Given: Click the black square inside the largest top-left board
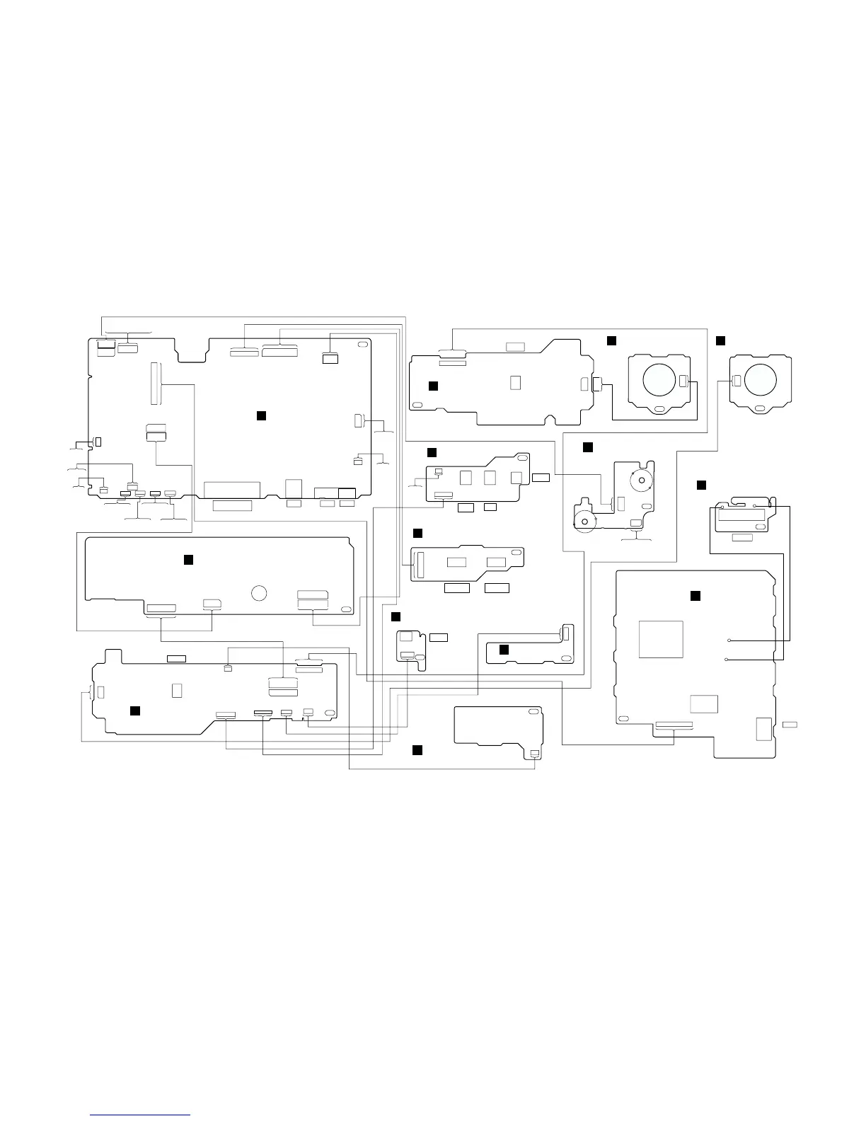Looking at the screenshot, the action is pos(260,415).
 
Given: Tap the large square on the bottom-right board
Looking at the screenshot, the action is pos(661,639).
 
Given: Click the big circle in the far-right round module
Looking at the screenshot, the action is pos(761,379).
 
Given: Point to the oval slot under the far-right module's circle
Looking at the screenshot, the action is pos(760,408).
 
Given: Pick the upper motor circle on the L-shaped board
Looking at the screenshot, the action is pos(641,481).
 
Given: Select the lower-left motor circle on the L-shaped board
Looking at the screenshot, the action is pos(584,522).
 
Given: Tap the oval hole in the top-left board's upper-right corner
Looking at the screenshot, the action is pos(362,345).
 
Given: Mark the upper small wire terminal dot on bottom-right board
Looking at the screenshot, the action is pos(728,640).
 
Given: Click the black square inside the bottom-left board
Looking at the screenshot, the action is pos(135,710).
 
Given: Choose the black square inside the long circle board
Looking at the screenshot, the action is pos(188,560).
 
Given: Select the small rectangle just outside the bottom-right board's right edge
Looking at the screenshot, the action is pos(790,725).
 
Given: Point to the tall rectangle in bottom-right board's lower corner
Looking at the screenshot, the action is pos(763,729).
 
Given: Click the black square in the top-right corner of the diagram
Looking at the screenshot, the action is pos(720,341).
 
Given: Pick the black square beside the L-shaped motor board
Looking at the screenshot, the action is pos(587,447).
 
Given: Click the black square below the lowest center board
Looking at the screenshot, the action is pos(417,749).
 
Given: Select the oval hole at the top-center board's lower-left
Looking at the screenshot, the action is pos(417,404).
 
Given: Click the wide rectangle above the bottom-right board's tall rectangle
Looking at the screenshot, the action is pos(703,704).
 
